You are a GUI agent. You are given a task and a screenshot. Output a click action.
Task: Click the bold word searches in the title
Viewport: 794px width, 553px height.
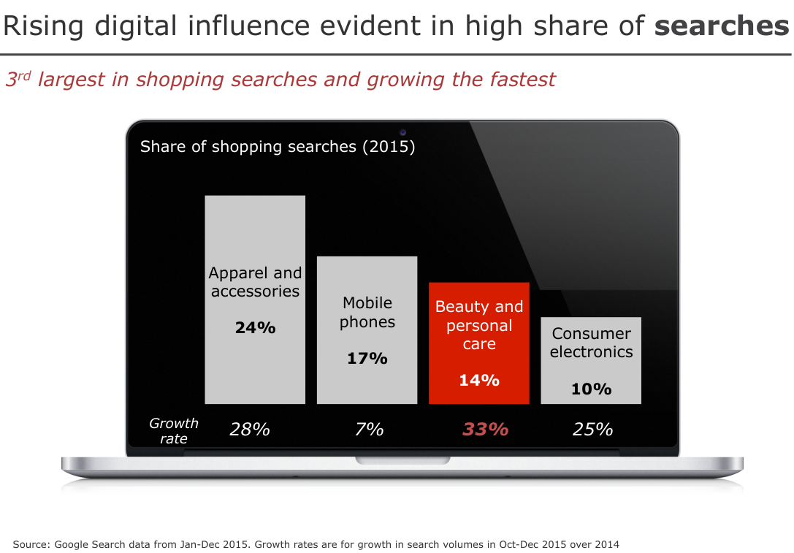(722, 26)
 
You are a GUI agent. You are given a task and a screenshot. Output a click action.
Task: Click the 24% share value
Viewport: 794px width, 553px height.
(255, 328)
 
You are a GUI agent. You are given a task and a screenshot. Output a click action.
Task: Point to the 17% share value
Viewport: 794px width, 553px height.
(367, 359)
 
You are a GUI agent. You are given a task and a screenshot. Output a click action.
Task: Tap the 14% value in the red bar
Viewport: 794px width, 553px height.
(479, 381)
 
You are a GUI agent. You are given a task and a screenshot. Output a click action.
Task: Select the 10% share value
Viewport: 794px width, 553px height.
(591, 389)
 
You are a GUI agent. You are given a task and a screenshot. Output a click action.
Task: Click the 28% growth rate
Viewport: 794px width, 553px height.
(250, 430)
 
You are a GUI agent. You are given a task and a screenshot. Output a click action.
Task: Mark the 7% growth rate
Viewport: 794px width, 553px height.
(369, 430)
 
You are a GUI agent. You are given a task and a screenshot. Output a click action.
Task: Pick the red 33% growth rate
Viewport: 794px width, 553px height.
(485, 430)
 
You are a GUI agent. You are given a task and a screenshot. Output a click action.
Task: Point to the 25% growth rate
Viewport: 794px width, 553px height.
(592, 430)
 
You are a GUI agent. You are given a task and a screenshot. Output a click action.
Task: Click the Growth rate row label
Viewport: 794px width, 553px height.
(174, 431)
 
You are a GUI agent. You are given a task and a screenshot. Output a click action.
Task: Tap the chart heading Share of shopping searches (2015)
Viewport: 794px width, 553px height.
(278, 147)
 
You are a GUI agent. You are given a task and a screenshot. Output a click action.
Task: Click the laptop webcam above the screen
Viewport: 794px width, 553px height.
(402, 132)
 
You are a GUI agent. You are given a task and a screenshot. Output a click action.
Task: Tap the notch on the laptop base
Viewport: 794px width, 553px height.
(402, 460)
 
